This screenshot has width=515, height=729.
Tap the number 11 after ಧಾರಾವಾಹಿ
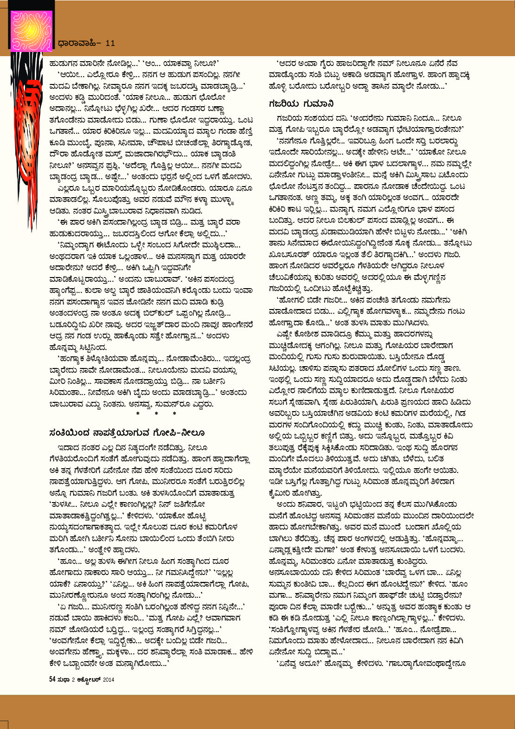(110, 43)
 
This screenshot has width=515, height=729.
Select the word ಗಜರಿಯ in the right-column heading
(284, 103)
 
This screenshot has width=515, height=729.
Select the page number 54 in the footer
(52, 679)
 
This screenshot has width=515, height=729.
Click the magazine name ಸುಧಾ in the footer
(63, 679)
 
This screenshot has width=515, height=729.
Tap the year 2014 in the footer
(109, 679)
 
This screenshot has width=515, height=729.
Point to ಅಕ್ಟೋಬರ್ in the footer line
(89, 679)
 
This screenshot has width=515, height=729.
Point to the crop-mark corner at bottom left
(5, 724)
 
